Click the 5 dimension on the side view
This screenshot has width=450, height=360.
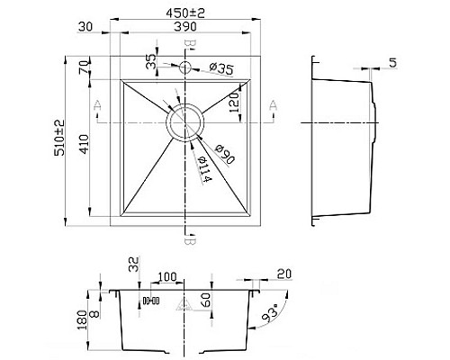point(392,63)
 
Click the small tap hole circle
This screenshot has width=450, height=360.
point(186,67)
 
